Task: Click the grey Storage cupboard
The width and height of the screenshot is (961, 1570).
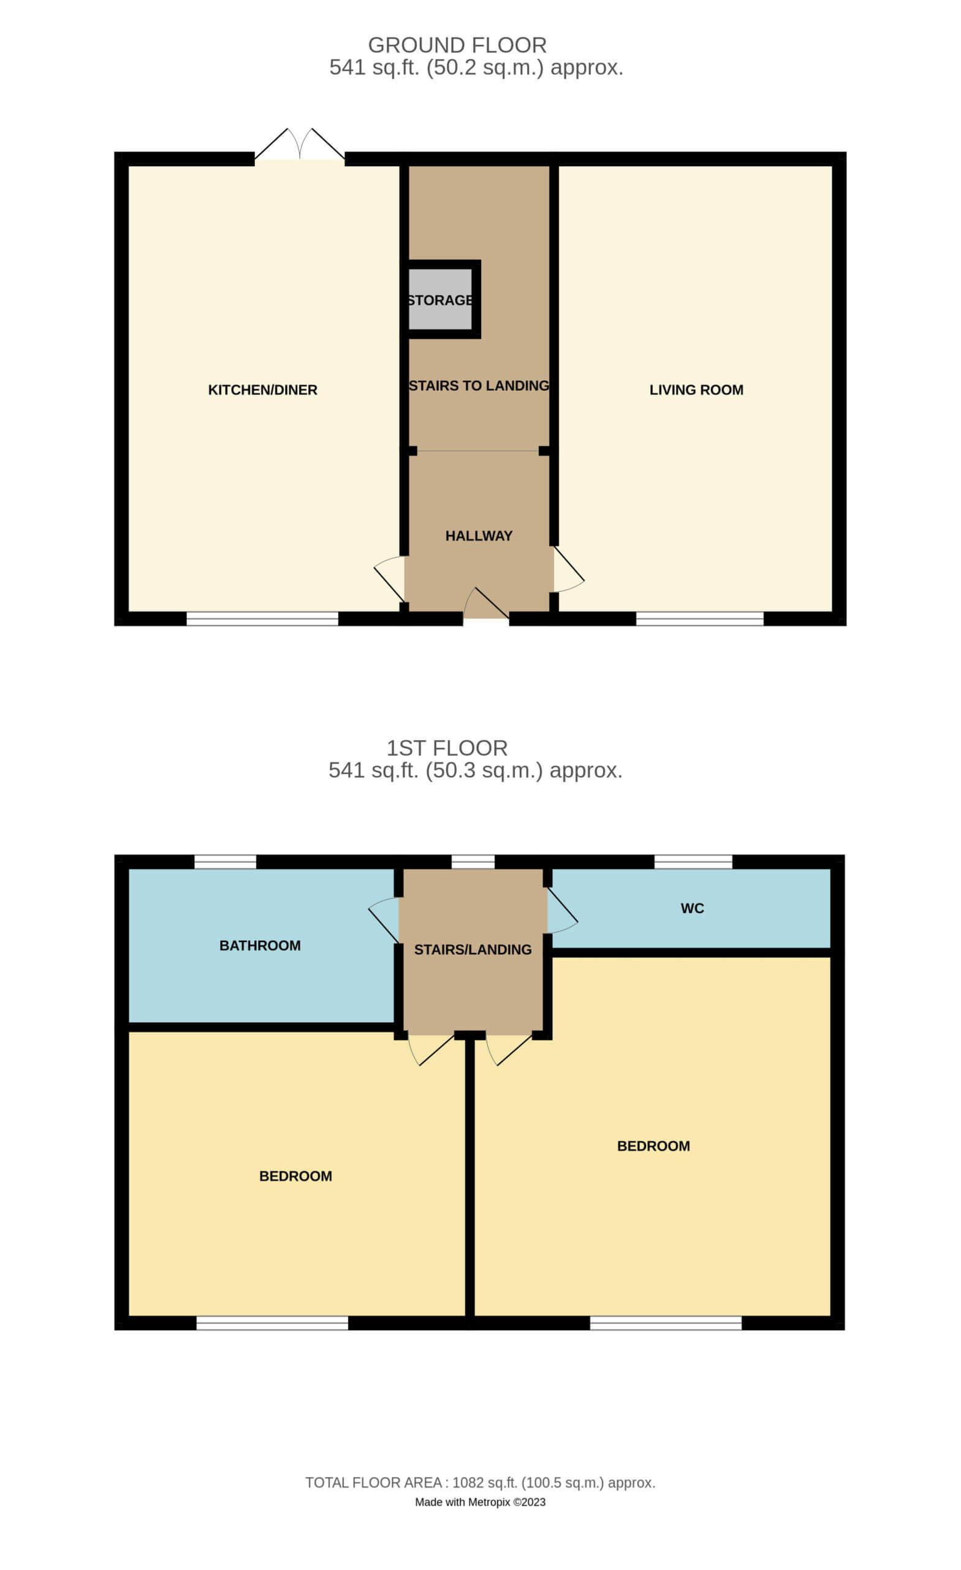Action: [440, 299]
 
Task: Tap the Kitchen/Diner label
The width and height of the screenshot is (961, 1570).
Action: [262, 390]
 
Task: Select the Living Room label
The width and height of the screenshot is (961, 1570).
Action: [696, 390]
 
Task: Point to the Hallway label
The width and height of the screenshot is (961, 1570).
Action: [479, 536]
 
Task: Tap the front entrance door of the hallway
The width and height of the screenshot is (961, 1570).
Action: [486, 603]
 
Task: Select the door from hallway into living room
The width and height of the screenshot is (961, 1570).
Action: [569, 569]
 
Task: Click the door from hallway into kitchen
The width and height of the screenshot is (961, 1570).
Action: [389, 578]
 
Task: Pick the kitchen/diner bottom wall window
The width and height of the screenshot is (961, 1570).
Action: [262, 618]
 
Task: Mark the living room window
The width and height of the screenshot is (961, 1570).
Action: [700, 618]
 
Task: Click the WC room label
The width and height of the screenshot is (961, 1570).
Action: [693, 909]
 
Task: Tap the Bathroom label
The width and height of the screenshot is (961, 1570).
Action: [260, 946]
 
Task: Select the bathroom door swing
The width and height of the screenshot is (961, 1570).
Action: [384, 920]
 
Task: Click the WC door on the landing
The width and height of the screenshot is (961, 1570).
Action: [563, 911]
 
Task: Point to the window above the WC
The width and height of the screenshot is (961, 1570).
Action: [694, 862]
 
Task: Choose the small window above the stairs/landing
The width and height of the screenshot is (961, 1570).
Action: [473, 862]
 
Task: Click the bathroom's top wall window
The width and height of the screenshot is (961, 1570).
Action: [226, 862]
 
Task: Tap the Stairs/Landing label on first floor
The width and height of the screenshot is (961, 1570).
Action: [473, 949]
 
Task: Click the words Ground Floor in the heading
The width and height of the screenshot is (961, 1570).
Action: [457, 45]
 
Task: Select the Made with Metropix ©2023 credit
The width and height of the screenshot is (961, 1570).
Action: [480, 1502]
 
